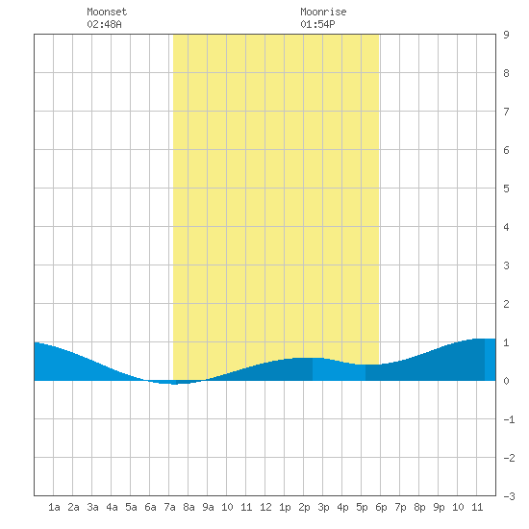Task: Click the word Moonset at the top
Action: coord(107,12)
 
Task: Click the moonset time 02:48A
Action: coord(104,24)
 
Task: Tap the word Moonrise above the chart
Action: coord(323,12)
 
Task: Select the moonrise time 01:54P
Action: coord(317,24)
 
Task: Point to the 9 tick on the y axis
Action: coord(506,35)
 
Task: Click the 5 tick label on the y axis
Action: coord(506,189)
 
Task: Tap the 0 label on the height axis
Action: coord(506,381)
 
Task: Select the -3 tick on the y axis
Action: coord(509,496)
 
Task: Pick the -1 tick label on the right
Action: coord(509,419)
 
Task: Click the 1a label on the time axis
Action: coord(54,507)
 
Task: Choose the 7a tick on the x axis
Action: coord(169,507)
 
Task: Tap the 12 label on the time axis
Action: coord(265,507)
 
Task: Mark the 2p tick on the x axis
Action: coord(304,507)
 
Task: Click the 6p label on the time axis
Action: coord(381,507)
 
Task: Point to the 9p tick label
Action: coord(439,507)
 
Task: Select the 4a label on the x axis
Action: coord(112,507)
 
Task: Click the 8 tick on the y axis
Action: coord(506,73)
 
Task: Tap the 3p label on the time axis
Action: coord(323,507)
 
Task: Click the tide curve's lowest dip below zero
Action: coord(174,384)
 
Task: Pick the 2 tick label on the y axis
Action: coord(506,304)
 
